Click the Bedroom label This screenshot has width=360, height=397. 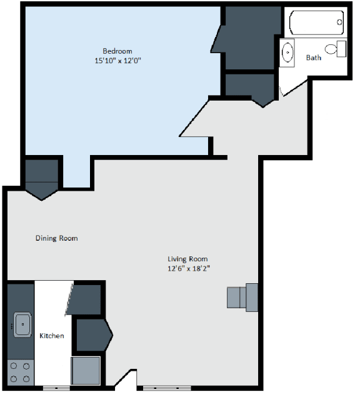[117, 51]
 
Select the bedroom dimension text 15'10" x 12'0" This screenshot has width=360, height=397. [117, 61]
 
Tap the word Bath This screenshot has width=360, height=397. [314, 58]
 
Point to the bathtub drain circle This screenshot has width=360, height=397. [339, 23]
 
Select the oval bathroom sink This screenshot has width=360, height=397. [288, 53]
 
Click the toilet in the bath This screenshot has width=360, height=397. [336, 49]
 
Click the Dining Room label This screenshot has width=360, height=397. [56, 238]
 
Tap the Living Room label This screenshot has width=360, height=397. [187, 259]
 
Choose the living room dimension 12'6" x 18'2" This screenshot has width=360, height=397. [187, 269]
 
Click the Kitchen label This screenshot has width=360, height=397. [52, 336]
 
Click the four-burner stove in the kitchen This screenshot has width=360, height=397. [20, 373]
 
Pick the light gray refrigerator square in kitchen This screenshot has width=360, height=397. [86, 370]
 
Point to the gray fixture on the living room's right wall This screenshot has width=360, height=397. [242, 297]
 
